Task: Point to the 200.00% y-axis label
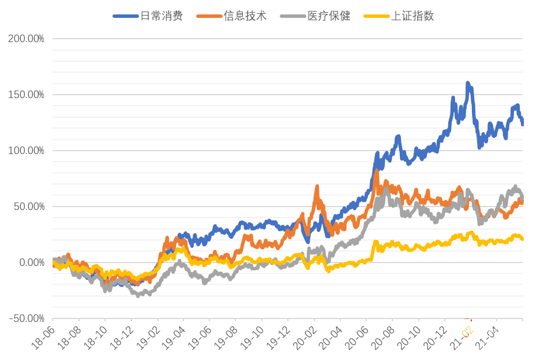click(26, 39)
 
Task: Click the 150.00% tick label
click(26, 95)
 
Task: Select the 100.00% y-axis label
click(26, 151)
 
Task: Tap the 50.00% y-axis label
click(28, 207)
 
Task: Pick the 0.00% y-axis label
click(30, 262)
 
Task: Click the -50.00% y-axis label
click(27, 318)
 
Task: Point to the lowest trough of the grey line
click(137, 296)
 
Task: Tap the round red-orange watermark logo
click(466, 331)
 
